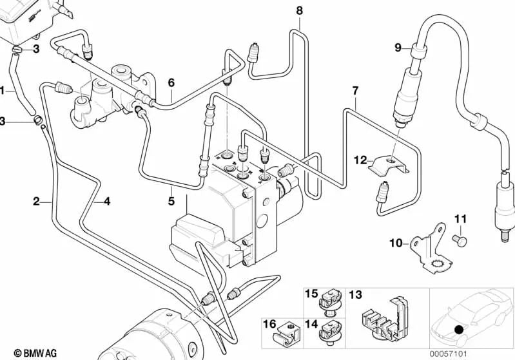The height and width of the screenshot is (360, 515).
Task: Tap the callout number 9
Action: (398, 47)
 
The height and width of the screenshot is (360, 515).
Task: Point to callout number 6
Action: (171, 82)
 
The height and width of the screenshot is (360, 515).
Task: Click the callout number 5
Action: (171, 201)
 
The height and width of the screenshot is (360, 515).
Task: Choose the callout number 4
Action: (107, 201)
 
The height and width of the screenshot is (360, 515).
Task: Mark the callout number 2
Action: (37, 201)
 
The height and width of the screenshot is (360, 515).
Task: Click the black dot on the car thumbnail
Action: (458, 330)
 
